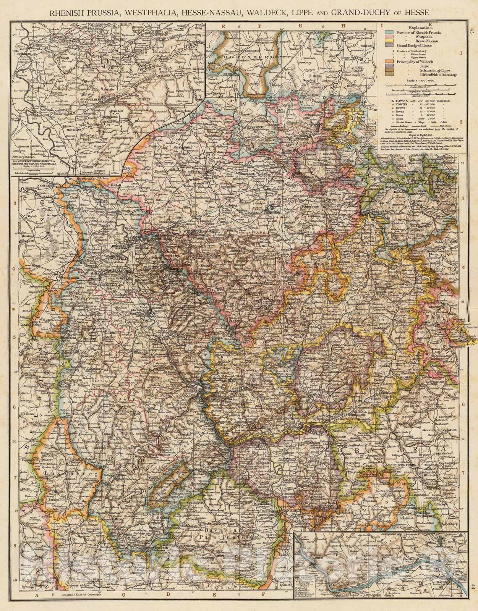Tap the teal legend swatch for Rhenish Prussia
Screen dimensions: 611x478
point(389,32)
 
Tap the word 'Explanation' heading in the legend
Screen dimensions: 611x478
point(421,28)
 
